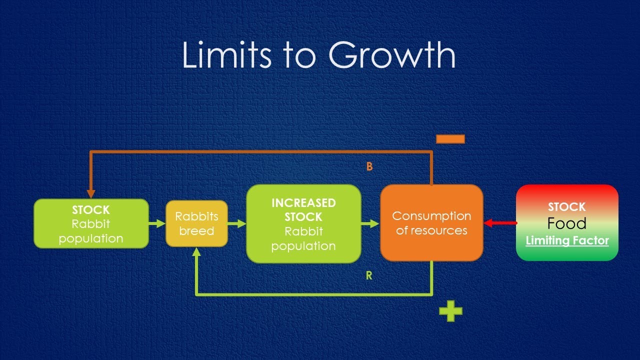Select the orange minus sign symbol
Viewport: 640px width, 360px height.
pos(450,139)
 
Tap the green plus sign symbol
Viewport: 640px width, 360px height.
pos(450,311)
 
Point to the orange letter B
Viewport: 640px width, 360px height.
pos(369,167)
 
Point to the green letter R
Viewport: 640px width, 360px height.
pos(369,275)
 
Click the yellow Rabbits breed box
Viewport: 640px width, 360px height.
pos(196,223)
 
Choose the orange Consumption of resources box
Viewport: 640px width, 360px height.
pos(431,223)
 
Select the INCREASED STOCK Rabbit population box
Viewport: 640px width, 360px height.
pos(303,223)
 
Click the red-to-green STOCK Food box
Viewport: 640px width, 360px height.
pos(567,223)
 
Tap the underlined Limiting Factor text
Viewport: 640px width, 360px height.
pos(567,241)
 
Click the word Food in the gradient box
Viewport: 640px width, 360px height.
pos(566,223)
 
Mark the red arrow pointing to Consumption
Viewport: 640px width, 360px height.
pos(500,223)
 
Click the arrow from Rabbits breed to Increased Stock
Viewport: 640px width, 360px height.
pos(237,223)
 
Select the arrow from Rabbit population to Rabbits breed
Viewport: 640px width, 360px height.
pos(157,223)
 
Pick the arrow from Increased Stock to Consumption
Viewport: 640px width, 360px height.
pos(370,223)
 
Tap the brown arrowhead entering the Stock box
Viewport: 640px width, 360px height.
pos(91,193)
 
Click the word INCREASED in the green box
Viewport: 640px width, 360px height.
pos(303,203)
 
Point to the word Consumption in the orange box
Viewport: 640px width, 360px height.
pos(431,216)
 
